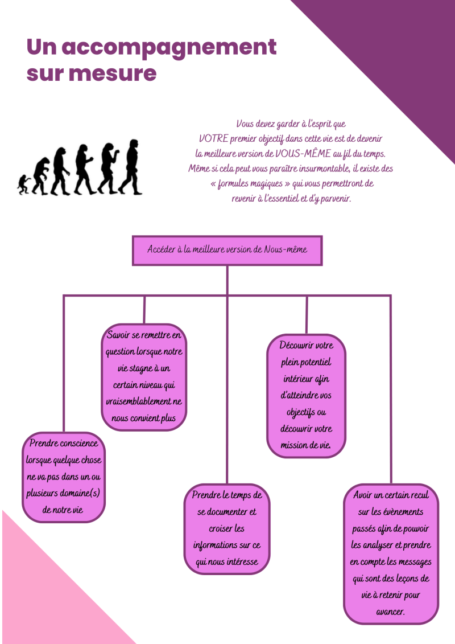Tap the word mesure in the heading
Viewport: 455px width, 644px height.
113,73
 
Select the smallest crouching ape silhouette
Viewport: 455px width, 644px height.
24,184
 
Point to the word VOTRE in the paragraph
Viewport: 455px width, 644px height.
213,138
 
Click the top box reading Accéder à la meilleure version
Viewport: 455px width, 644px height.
227,251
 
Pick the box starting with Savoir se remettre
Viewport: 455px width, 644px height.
144,377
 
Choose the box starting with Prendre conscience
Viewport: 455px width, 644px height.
64,477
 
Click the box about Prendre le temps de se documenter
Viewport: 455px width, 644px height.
227,529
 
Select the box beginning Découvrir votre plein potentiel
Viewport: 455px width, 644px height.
306,396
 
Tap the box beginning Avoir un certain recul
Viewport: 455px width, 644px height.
391,553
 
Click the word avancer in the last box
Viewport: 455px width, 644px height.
390,612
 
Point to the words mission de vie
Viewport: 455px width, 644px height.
305,445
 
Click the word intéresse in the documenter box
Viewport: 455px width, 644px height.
240,562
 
